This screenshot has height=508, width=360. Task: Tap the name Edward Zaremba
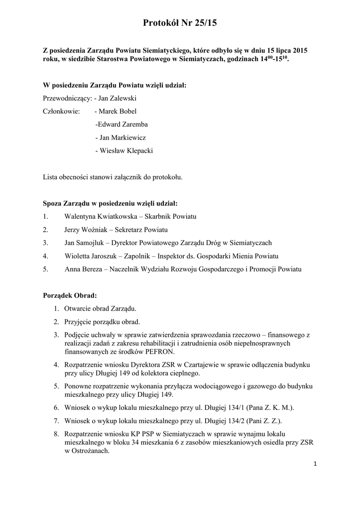pyautogui.click(x=122, y=125)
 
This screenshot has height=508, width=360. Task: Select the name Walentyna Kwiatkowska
pyautogui.click(x=96, y=217)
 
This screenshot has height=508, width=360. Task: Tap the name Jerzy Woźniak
pyautogui.click(x=85, y=230)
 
